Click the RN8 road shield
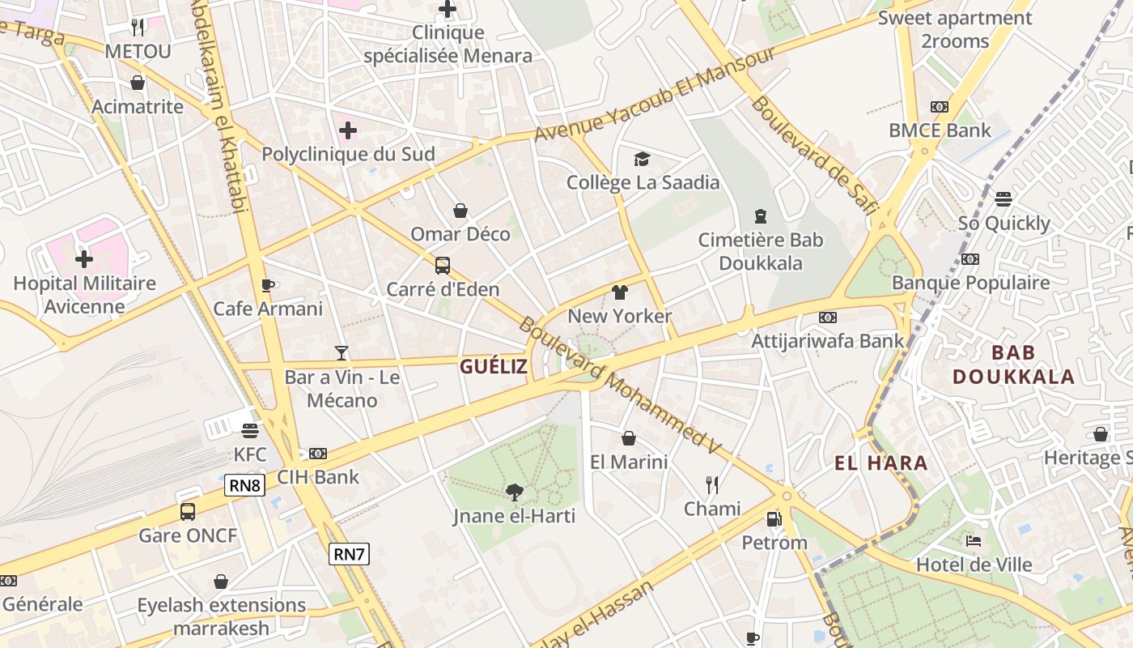[x=244, y=485]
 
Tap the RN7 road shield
[x=350, y=554]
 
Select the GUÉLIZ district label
[x=494, y=367]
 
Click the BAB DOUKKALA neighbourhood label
[x=1013, y=364]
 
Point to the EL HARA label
[x=881, y=463]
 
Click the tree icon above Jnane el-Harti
[x=514, y=492]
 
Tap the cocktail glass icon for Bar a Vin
[x=342, y=352]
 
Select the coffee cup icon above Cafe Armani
[x=268, y=284]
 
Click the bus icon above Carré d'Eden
[x=443, y=265]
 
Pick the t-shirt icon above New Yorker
[x=620, y=292]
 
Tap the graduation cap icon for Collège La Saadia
[x=642, y=159]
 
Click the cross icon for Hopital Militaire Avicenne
[x=84, y=259]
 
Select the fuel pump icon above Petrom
[x=774, y=518]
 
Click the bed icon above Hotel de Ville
[x=974, y=540]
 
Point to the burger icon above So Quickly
[x=1004, y=199]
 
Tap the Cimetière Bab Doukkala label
[x=761, y=252]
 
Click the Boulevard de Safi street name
[x=814, y=155]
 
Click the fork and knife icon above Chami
[x=712, y=484]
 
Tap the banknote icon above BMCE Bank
[x=939, y=107]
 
